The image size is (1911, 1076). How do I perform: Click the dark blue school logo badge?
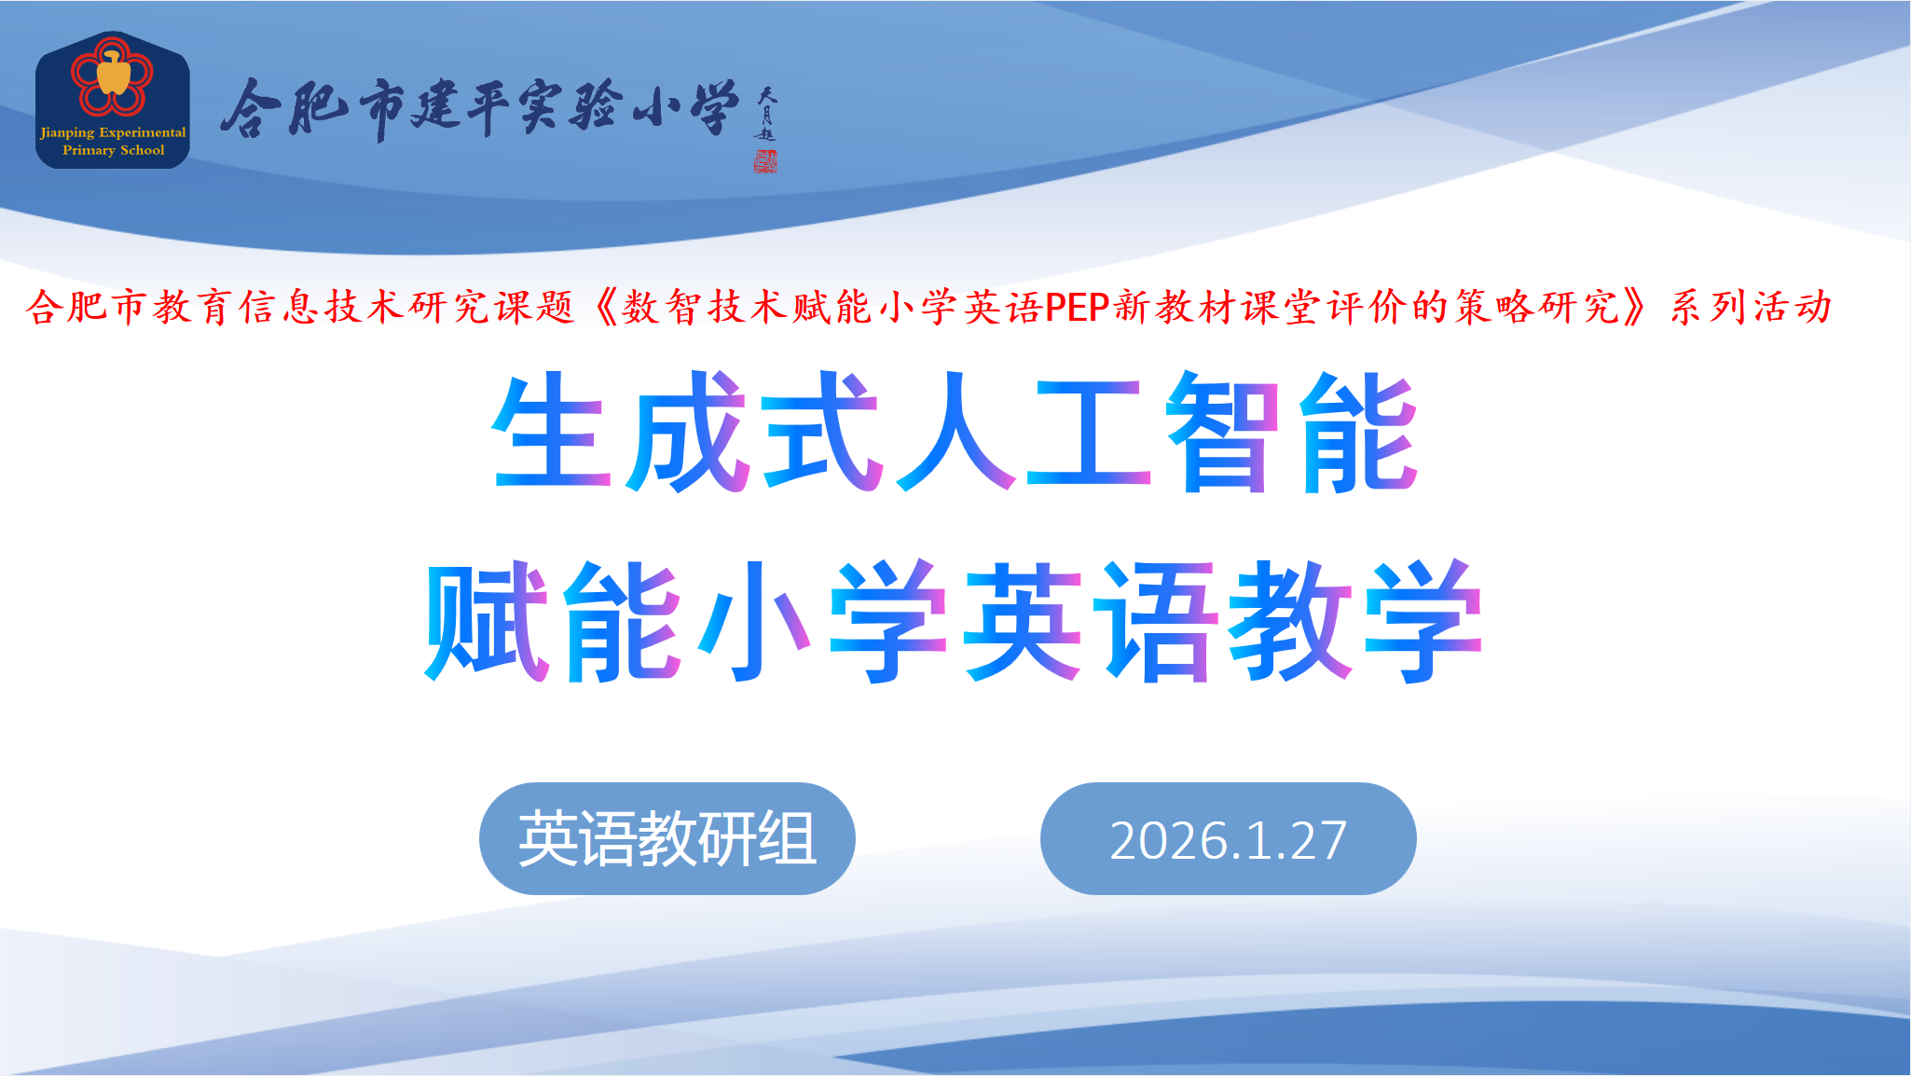(113, 100)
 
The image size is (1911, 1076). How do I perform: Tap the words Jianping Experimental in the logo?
(113, 132)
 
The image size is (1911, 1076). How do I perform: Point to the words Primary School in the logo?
(113, 150)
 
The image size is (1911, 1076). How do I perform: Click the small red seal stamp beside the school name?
(765, 161)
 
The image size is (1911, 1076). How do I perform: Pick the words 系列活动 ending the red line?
(1751, 307)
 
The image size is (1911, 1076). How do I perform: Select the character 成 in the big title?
(686, 430)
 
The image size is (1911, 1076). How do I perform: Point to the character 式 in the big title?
(820, 430)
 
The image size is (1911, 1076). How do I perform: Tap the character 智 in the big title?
(1223, 430)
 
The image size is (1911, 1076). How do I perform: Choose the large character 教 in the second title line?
(1289, 620)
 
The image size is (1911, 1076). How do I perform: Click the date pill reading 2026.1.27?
(1228, 839)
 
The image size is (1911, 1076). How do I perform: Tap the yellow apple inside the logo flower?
(113, 73)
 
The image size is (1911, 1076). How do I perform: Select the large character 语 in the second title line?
(1156, 620)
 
